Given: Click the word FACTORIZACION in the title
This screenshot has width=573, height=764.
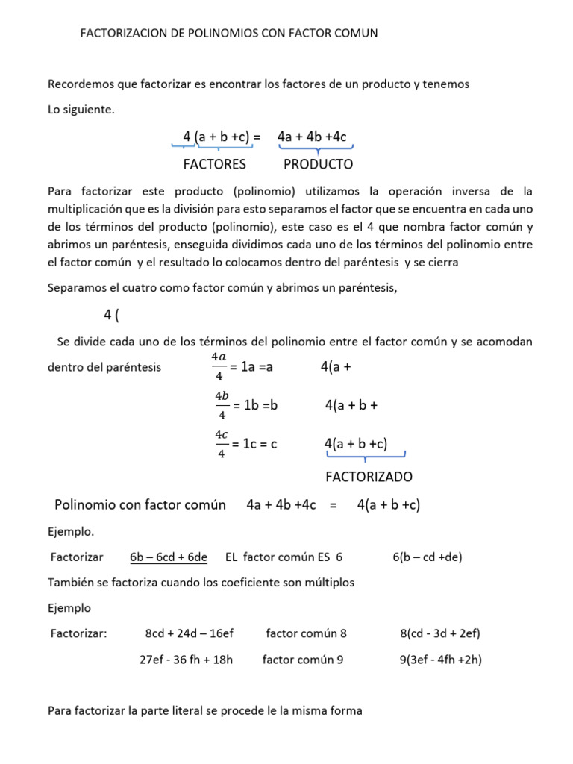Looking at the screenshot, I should (122, 34).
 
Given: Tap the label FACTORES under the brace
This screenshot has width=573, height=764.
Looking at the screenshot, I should (214, 164).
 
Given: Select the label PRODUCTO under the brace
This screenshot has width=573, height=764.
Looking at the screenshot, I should (319, 164).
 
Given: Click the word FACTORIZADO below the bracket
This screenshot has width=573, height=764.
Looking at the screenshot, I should (369, 476).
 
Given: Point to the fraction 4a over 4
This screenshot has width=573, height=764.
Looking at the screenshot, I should (219, 367).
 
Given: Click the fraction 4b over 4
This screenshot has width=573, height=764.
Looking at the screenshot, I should (222, 405).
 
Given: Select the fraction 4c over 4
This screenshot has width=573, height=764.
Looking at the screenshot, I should (222, 444).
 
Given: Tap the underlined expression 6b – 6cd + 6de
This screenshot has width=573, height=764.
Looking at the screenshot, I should (169, 557).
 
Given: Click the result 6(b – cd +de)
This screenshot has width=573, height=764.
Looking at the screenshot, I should (428, 557).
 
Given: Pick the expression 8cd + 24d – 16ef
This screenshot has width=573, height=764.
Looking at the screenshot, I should (190, 633).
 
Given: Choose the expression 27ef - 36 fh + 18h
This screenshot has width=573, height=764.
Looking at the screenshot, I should (187, 660).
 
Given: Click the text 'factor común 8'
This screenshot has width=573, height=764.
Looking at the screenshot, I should (306, 633).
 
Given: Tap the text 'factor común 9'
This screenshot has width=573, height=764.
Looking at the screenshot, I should (303, 660).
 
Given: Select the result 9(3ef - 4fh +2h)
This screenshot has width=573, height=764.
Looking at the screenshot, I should (440, 660).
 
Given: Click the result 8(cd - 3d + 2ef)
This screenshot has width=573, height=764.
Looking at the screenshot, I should (440, 633).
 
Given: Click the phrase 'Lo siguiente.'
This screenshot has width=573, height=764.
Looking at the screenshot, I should (81, 110).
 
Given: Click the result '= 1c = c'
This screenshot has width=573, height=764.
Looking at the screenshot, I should (254, 444).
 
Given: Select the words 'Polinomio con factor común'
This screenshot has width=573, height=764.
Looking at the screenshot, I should (140, 505).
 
